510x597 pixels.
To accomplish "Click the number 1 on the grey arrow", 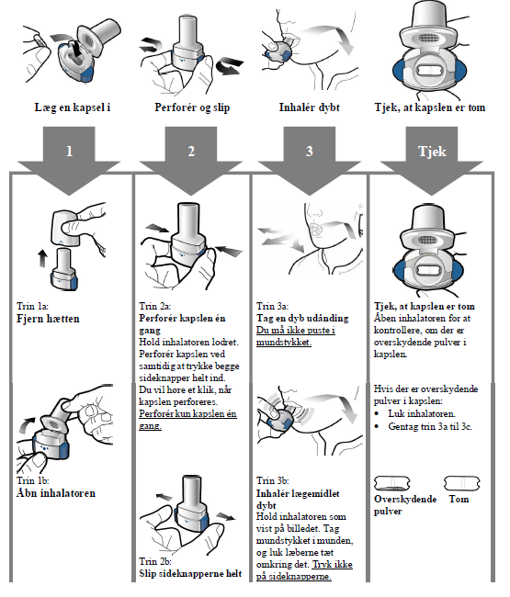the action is click(x=69, y=152).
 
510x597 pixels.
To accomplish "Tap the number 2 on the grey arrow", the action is click(x=191, y=152).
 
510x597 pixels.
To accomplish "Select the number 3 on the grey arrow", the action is click(x=310, y=152).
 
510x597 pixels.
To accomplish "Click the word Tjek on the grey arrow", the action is click(x=432, y=152).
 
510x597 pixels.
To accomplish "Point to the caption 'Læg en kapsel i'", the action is click(x=73, y=107).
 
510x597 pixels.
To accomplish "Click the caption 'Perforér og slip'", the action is click(x=192, y=107).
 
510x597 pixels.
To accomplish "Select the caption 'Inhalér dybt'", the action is click(x=310, y=107).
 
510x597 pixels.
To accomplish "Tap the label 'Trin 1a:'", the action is click(x=32, y=306).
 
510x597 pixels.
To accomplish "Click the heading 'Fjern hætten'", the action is click(x=48, y=319).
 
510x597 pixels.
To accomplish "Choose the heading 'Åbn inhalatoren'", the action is click(x=56, y=493).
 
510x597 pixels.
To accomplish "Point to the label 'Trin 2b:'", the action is click(x=155, y=561).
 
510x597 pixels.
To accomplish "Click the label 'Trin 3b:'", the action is click(x=272, y=481).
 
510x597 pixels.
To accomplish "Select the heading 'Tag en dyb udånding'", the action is click(x=302, y=319).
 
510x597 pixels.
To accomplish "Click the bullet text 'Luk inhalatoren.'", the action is click(x=421, y=414).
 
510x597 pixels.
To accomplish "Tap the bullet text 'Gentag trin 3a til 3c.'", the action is click(x=430, y=426).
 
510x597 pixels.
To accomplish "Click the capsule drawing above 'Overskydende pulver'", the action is click(x=392, y=483).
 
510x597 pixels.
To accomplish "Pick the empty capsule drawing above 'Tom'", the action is click(x=462, y=483).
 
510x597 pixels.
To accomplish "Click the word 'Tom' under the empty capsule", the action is click(x=459, y=499).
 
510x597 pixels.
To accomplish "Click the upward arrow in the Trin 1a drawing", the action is click(x=42, y=258).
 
